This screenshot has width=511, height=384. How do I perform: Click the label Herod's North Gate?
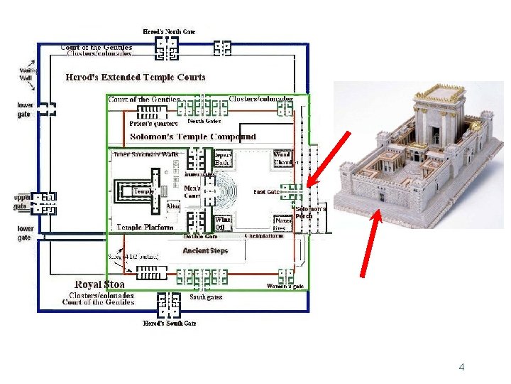pos(169,32)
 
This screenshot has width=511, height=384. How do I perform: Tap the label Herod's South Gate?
pos(169,324)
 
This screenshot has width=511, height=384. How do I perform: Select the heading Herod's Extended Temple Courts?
pos(136,77)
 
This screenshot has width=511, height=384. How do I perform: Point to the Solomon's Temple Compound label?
pos(193,136)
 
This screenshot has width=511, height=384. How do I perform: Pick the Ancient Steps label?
pos(205,251)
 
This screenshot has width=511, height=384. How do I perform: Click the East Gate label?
pos(267,192)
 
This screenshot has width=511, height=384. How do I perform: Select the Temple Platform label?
pos(145,228)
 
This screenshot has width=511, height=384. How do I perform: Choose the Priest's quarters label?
pos(143,123)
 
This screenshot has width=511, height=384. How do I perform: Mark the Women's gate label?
pos(285,286)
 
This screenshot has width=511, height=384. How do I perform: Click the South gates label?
pos(206,297)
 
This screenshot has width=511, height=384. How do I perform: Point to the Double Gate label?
pos(200,236)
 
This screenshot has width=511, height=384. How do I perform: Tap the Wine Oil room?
pos(223,224)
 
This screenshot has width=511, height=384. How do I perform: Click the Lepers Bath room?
pos(222,159)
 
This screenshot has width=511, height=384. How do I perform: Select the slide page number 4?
pos(461,368)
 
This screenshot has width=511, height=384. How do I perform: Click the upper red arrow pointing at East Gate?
pos(329,158)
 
